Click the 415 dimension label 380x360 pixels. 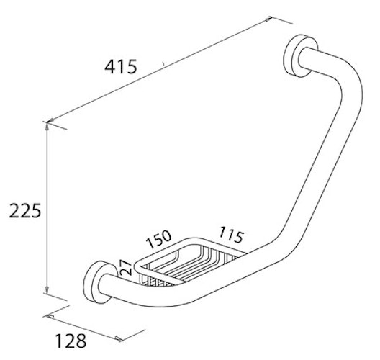click(x=121, y=67)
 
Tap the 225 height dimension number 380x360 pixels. click(x=25, y=211)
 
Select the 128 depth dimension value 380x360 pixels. click(x=71, y=341)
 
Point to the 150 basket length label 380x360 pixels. click(x=159, y=239)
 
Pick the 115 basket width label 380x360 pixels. click(x=231, y=235)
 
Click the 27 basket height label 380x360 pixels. click(x=126, y=268)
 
